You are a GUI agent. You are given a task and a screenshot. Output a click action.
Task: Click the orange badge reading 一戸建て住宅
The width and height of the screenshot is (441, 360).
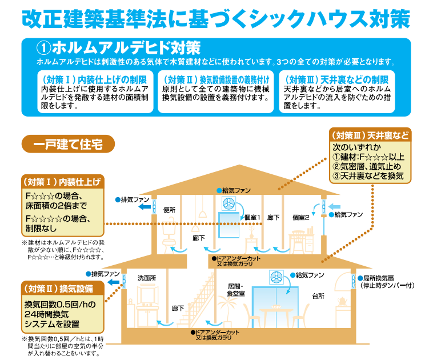(x=68, y=143)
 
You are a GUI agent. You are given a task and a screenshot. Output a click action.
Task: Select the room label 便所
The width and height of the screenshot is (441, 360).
(x=169, y=210)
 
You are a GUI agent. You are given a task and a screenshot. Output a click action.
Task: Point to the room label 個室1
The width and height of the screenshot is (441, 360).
(x=252, y=217)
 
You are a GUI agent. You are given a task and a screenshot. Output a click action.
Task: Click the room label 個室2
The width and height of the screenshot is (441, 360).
(x=300, y=217)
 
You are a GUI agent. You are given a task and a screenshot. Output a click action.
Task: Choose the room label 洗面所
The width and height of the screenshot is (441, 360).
(x=147, y=278)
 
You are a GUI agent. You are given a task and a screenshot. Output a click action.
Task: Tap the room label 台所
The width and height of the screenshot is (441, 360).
(x=318, y=297)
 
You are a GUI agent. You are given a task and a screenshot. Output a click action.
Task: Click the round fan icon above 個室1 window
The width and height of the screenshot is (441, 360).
(x=228, y=203)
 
